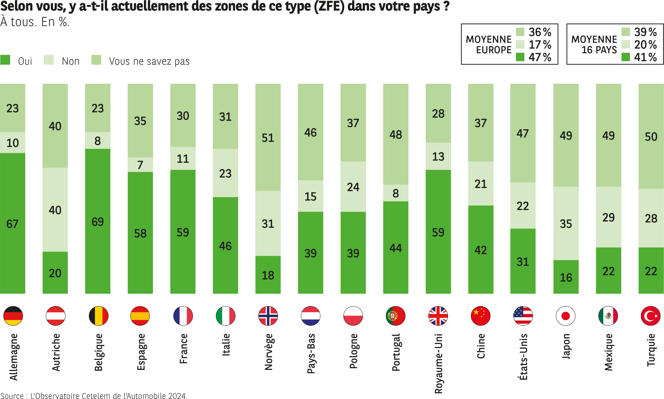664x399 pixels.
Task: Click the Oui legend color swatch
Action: pos(5,60)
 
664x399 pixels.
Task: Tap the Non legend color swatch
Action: pos(49,60)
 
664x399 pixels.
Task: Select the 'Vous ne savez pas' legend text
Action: pos(149,61)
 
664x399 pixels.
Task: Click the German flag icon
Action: pos(13,316)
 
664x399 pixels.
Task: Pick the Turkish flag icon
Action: pos(651,316)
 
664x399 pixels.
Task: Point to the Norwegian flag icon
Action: pos(268,316)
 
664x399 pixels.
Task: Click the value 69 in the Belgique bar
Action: pos(98,222)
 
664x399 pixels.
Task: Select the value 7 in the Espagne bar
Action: pos(140,165)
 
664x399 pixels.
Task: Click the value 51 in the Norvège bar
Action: pos(268,138)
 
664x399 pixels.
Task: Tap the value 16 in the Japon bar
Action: pos(566,277)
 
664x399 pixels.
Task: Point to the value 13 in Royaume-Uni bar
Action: pos(438,156)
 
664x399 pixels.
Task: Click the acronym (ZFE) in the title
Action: pos(329,6)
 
